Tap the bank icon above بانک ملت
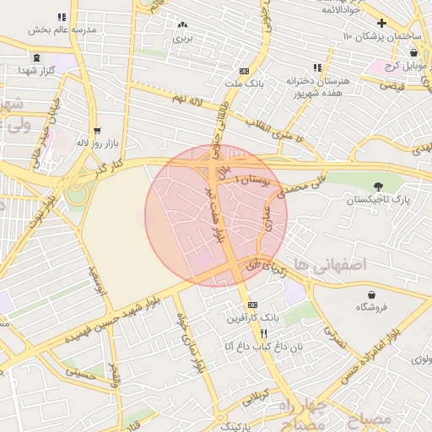[245, 72]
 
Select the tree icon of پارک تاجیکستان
[376, 186]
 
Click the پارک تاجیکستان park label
[377, 200]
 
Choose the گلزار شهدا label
[33, 71]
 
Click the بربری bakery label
[183, 38]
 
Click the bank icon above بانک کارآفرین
[252, 305]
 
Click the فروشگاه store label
[372, 307]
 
